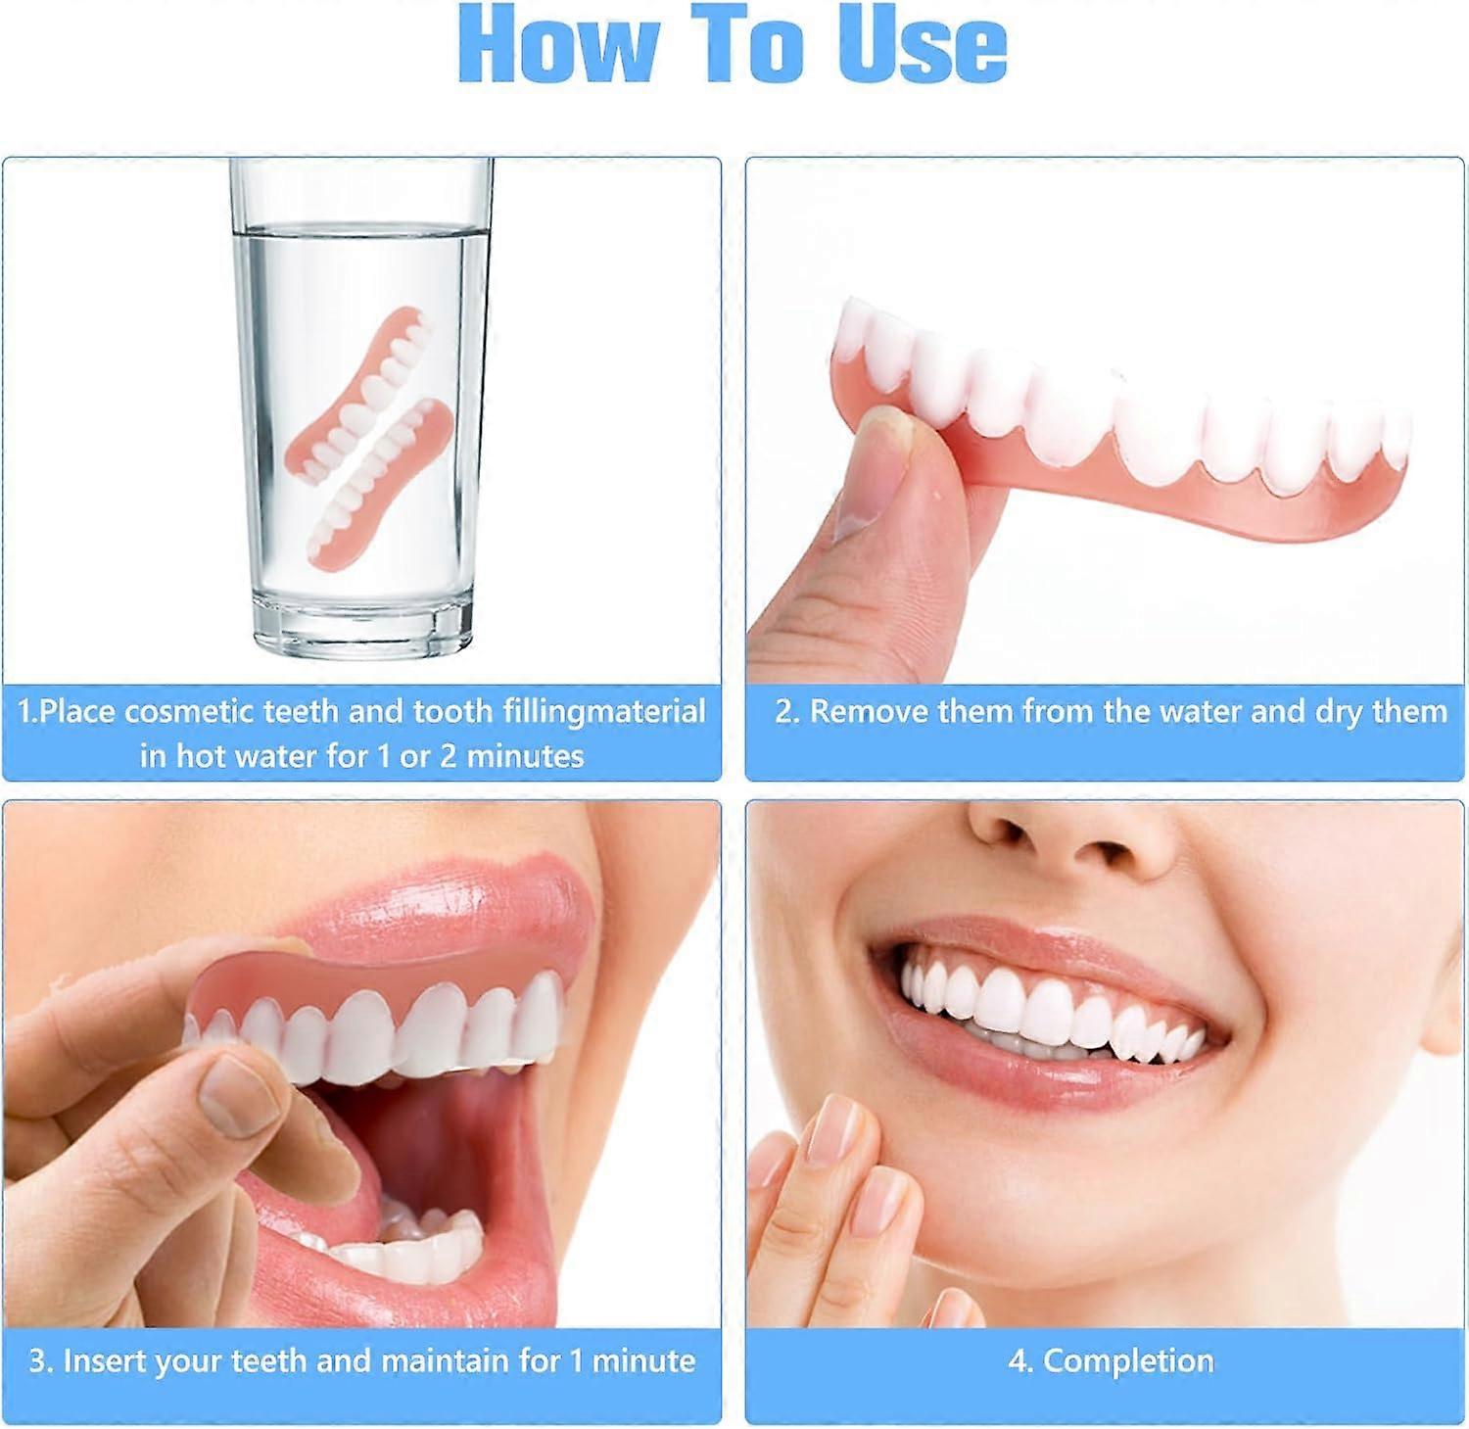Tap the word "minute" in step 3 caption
pos(643,1360)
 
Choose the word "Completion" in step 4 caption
pos(1128,1361)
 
